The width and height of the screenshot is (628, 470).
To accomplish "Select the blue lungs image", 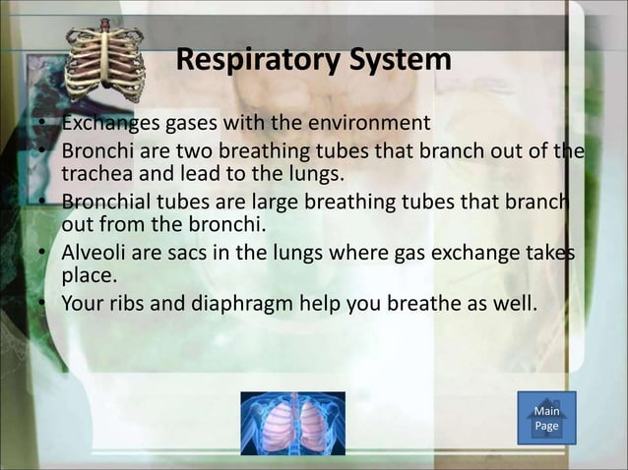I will coord(292,423).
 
